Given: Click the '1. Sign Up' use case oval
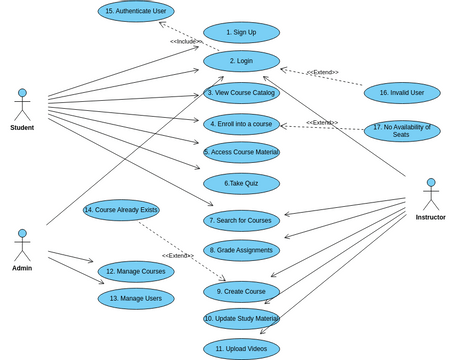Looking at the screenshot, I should [241, 32].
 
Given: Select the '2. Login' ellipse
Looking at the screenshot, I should [241, 61].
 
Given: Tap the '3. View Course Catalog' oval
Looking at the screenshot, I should [241, 93].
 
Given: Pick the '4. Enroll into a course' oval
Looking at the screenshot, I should [241, 124].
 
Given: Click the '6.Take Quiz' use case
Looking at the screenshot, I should [241, 184].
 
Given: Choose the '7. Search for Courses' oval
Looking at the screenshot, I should [241, 220].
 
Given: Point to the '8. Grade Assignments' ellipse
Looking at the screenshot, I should [241, 250].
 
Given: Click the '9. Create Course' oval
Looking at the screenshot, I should [241, 291].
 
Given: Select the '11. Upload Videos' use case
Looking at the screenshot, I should [241, 348].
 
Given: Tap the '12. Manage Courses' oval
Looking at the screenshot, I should [136, 271].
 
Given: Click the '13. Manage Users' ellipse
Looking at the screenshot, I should [136, 298].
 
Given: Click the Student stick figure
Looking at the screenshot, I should [22, 104].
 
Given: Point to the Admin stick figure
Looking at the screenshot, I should [22, 245].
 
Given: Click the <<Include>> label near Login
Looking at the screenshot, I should [186, 41].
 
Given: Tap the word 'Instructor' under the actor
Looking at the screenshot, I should [431, 217].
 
